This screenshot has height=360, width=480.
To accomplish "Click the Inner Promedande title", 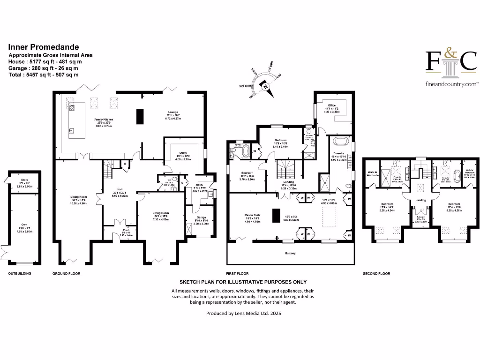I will [x=44, y=47].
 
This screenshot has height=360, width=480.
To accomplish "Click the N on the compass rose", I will [x=266, y=86].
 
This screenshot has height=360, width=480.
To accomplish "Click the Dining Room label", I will [x=76, y=188].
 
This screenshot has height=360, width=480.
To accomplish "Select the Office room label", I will [x=332, y=105].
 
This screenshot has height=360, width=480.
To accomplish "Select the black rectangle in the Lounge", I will [x=140, y=116].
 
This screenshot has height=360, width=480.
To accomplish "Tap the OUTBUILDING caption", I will [x=20, y=273].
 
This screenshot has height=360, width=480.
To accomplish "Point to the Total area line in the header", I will [x=44, y=75].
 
